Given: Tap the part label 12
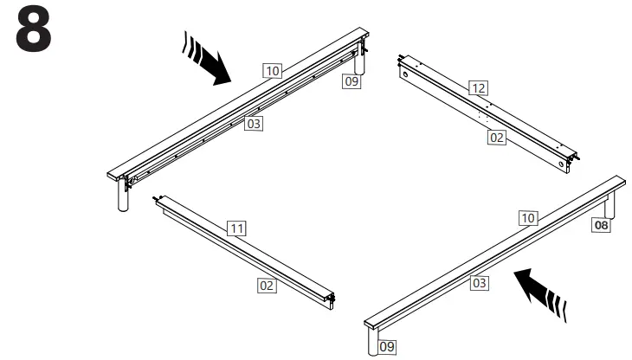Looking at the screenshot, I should (477, 87).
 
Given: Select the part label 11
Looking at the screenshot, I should (237, 228).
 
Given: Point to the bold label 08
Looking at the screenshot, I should (600, 226).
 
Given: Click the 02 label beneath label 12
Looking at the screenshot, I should (496, 138).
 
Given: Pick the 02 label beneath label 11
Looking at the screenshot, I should (268, 284).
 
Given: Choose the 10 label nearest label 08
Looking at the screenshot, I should (528, 218).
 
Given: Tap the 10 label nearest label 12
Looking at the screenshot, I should (274, 70).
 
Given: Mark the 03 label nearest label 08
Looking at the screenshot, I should (480, 282).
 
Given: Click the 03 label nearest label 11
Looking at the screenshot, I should (253, 124).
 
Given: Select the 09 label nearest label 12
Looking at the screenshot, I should (351, 82).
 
